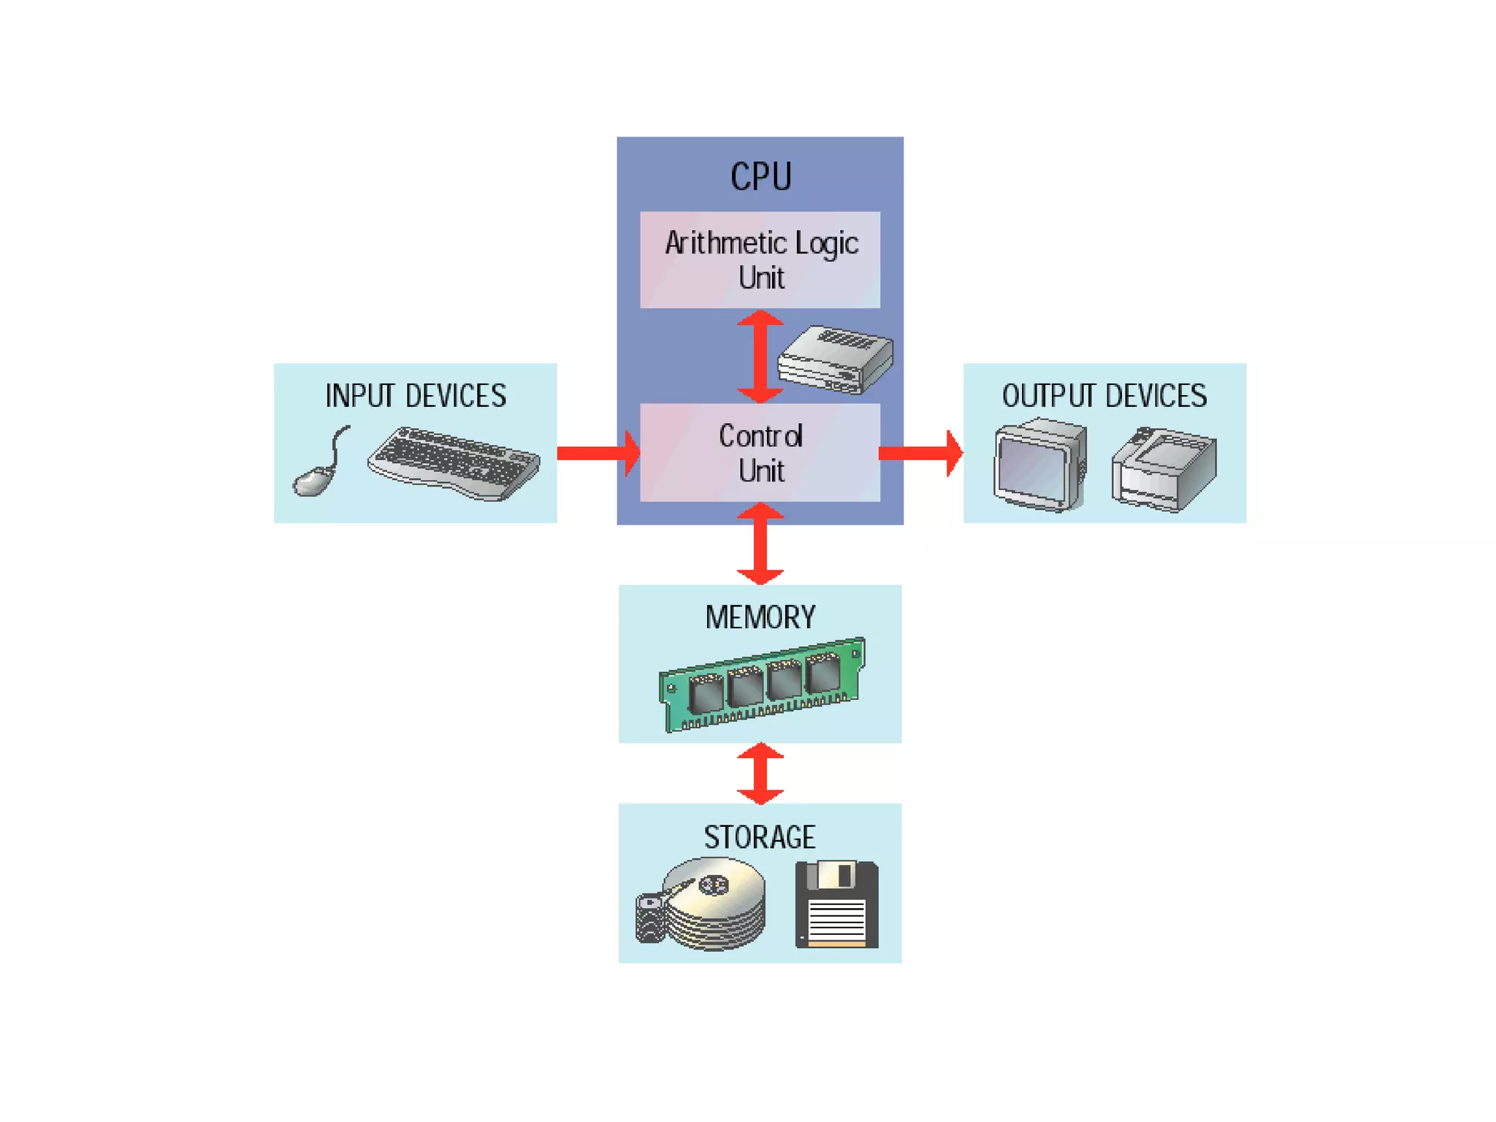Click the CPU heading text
point(760,177)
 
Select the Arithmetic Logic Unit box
point(760,260)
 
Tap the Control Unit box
point(760,453)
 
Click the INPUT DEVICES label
point(415,396)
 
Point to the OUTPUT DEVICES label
point(1104,396)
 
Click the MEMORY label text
point(760,617)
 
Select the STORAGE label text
point(760,837)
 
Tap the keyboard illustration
point(454,464)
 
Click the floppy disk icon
point(836,904)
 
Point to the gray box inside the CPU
point(835,359)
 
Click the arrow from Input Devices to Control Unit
point(598,453)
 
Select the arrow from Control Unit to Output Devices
point(920,453)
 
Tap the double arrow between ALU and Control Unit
point(760,356)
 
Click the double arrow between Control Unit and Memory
point(760,543)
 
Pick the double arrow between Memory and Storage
point(760,774)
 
